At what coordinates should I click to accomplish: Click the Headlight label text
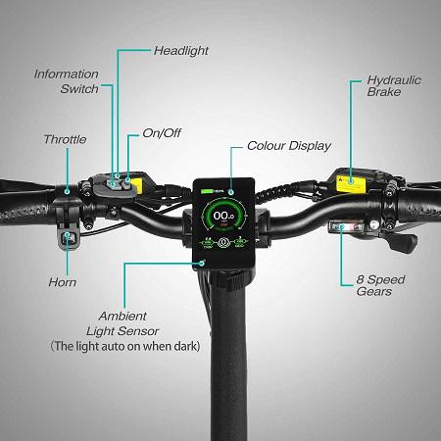tap(181, 51)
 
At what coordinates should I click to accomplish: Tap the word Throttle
tap(65, 139)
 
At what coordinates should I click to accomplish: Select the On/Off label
tap(162, 133)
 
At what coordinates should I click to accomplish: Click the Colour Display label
tap(289, 146)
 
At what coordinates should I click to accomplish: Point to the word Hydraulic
tap(394, 80)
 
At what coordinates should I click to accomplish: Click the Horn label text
tap(63, 282)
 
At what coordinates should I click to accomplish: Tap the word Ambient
tap(122, 316)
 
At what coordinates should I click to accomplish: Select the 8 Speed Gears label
tap(380, 285)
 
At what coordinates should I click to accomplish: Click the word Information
tap(67, 74)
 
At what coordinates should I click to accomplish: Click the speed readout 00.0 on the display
tap(223, 216)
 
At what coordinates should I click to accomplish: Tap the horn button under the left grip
tap(68, 238)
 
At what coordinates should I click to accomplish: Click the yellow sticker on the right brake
tap(350, 184)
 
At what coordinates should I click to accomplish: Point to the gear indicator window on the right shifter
tap(346, 226)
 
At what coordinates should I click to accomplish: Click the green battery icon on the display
tap(207, 191)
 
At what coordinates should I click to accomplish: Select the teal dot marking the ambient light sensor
tap(202, 263)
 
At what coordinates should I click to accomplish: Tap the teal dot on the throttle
tap(67, 191)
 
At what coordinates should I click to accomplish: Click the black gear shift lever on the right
tap(404, 241)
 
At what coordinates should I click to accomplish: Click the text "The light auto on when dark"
tap(125, 346)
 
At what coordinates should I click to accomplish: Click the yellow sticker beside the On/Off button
tap(137, 185)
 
